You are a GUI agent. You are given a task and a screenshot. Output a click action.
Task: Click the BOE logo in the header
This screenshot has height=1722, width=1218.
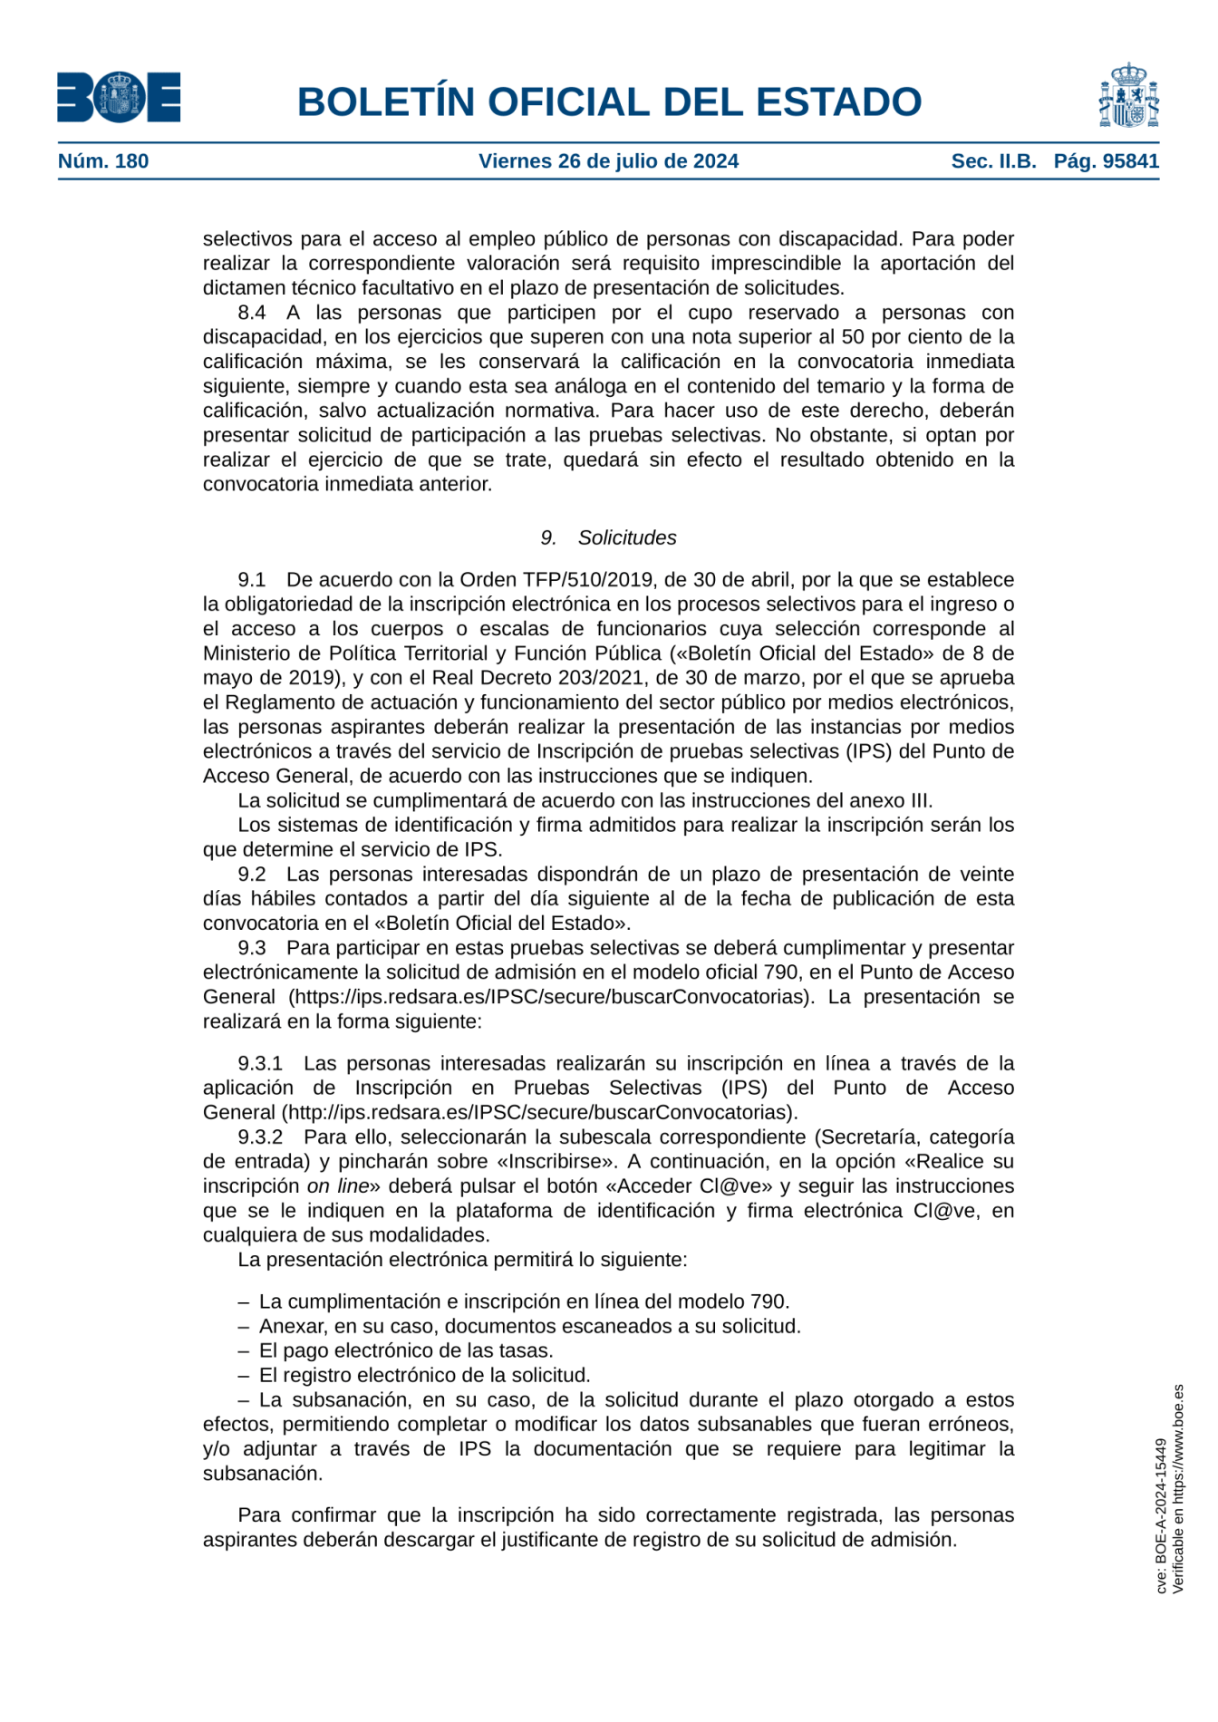point(118,97)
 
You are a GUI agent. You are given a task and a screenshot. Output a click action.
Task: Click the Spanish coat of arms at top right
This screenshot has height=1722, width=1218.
point(1128,95)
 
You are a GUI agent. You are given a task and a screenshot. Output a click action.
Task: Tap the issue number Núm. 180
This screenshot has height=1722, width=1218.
point(103,161)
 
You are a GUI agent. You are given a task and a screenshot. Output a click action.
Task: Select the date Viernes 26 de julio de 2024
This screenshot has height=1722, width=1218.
point(608,161)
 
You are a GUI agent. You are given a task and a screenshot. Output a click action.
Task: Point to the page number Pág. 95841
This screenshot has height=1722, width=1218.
point(1106,161)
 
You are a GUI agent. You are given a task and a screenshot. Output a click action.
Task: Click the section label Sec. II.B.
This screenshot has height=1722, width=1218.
point(993,161)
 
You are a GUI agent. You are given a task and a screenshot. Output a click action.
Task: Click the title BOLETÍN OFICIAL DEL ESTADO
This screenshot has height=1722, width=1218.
point(609,102)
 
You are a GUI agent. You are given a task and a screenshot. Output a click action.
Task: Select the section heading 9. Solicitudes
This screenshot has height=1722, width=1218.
point(608,537)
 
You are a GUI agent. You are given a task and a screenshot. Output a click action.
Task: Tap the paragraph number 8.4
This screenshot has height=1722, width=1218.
point(252,313)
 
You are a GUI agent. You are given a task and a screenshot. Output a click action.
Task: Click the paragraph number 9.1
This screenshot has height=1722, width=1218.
point(252,580)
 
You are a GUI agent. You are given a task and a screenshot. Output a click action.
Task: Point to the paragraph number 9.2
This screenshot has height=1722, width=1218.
point(252,875)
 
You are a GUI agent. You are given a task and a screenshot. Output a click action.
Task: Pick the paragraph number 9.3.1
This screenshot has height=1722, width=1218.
point(260,1063)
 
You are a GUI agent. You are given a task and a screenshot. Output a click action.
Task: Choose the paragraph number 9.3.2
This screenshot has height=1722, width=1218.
point(260,1137)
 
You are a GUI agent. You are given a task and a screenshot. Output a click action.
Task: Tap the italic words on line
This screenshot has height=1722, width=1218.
point(338,1186)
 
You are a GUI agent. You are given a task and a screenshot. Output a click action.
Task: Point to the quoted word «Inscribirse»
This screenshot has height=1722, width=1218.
point(557,1162)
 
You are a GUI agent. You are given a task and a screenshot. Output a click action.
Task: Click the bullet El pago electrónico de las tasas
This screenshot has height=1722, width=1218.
point(405,1350)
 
